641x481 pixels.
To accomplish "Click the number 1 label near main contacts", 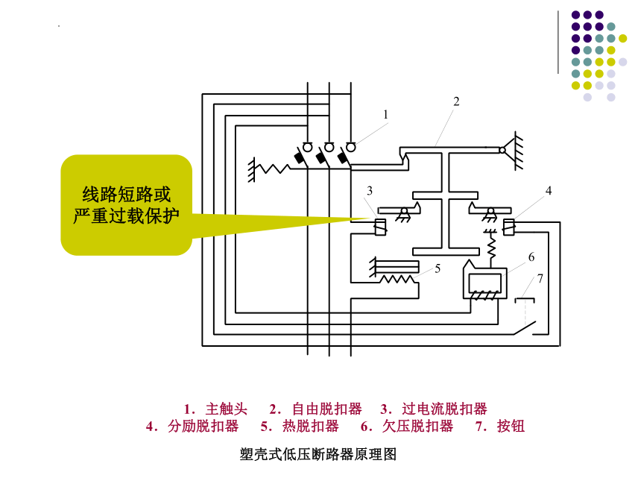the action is (x=385, y=115).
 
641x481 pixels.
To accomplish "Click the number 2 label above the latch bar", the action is (x=456, y=101).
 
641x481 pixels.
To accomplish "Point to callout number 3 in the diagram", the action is (x=370, y=191).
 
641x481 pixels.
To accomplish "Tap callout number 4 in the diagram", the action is (x=549, y=191).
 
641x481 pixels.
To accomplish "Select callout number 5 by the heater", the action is (x=438, y=268).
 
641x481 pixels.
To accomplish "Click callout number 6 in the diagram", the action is (x=531, y=257).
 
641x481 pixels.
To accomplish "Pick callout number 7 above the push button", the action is (x=540, y=279).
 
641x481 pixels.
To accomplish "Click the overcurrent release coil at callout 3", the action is (x=380, y=227).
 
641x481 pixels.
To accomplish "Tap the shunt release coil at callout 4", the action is (x=508, y=227).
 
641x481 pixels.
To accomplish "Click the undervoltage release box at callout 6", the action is (x=484, y=283).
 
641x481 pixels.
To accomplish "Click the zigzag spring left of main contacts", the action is (x=275, y=168).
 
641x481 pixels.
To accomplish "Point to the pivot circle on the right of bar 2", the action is (x=502, y=150).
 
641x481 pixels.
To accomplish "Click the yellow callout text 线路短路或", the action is (x=126, y=195).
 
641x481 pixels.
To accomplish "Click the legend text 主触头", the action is (x=227, y=409).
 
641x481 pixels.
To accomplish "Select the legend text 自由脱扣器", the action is (x=327, y=409).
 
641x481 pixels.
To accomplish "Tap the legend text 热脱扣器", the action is (x=311, y=427).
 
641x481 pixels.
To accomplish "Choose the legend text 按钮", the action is (x=511, y=427).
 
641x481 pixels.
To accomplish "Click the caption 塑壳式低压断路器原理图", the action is (x=318, y=454).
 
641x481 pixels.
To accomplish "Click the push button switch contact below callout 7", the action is (x=525, y=327).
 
